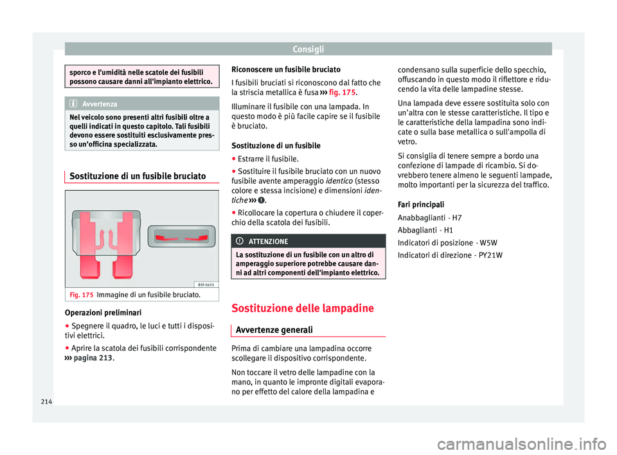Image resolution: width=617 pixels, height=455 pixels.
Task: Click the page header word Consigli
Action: click(308, 48)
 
